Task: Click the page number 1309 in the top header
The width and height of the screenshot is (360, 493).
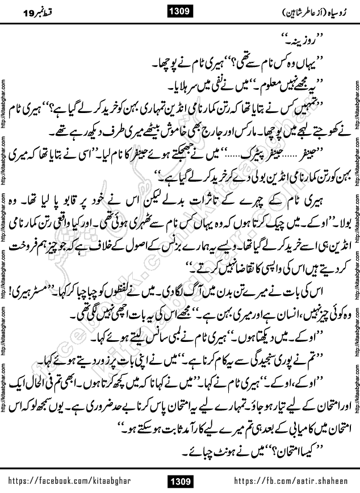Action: (x=180, y=11)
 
